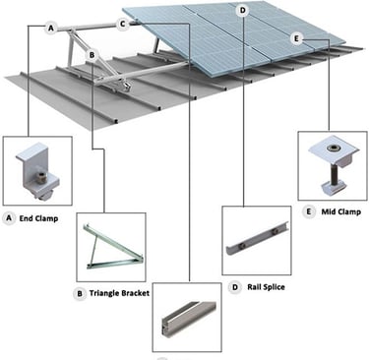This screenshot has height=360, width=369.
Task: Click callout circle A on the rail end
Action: click(50, 29)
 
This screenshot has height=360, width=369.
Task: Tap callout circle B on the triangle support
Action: click(92, 55)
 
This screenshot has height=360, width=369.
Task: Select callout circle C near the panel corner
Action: click(122, 24)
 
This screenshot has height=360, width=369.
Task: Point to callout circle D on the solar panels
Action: click(242, 11)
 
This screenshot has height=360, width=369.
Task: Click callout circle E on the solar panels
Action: click(296, 39)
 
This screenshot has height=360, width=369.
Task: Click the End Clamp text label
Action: click(38, 218)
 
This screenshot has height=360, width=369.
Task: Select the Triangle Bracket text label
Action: click(119, 293)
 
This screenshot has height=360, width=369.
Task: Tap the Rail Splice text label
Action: click(266, 287)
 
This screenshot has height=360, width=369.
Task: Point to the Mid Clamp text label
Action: click(341, 211)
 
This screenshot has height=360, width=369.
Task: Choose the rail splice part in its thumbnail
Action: click(257, 238)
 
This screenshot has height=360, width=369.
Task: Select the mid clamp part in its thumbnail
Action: click(333, 167)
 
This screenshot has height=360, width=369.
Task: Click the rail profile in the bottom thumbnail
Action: click(189, 319)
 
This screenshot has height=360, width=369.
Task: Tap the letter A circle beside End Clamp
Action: click(9, 218)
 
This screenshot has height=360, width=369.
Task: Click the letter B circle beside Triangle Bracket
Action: click(80, 293)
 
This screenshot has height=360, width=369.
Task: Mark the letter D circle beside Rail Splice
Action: click(235, 287)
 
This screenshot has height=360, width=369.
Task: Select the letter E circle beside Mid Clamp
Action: click(308, 211)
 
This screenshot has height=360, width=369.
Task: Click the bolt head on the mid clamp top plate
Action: click(331, 149)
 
